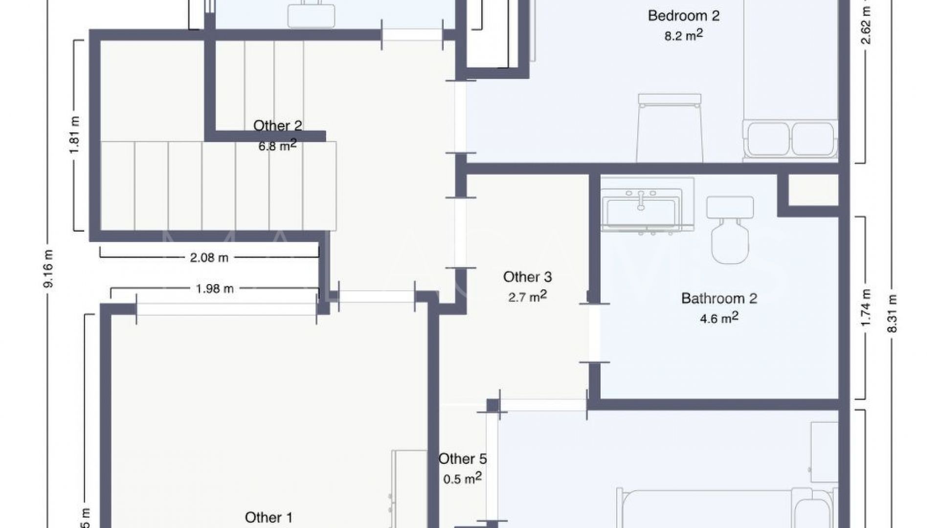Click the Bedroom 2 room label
(683, 16)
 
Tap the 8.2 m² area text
(683, 35)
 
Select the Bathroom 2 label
(719, 298)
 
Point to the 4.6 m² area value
(719, 318)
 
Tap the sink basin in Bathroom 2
(641, 210)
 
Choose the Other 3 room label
(527, 277)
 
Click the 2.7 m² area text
(527, 297)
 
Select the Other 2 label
(277, 126)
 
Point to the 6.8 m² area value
(277, 146)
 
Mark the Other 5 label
(462, 459)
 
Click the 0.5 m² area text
(462, 479)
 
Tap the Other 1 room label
(268, 518)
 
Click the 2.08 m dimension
(209, 258)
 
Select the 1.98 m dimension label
(214, 289)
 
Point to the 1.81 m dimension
(74, 135)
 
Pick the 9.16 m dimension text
(48, 268)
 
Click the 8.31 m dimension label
(893, 313)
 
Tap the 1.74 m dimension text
(866, 308)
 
